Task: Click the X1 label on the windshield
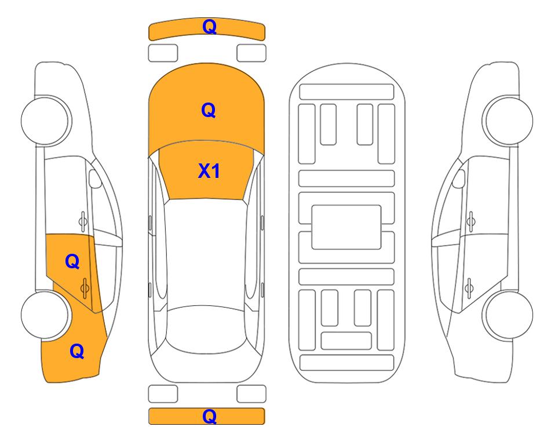[x=209, y=171]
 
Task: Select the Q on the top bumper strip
[x=209, y=27]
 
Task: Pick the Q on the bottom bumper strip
[x=209, y=416]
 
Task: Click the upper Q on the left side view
[x=72, y=262]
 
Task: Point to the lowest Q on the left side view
[x=76, y=351]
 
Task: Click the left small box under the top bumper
[x=163, y=53]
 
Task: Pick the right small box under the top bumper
[x=251, y=53]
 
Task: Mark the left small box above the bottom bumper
[x=163, y=393]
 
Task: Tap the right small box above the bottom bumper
[x=251, y=393]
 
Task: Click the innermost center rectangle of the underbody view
[x=346, y=227]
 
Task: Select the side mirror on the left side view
[x=96, y=179]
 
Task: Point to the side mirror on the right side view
[x=458, y=179]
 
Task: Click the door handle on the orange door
[x=85, y=286]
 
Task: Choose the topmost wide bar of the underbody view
[x=347, y=92]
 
